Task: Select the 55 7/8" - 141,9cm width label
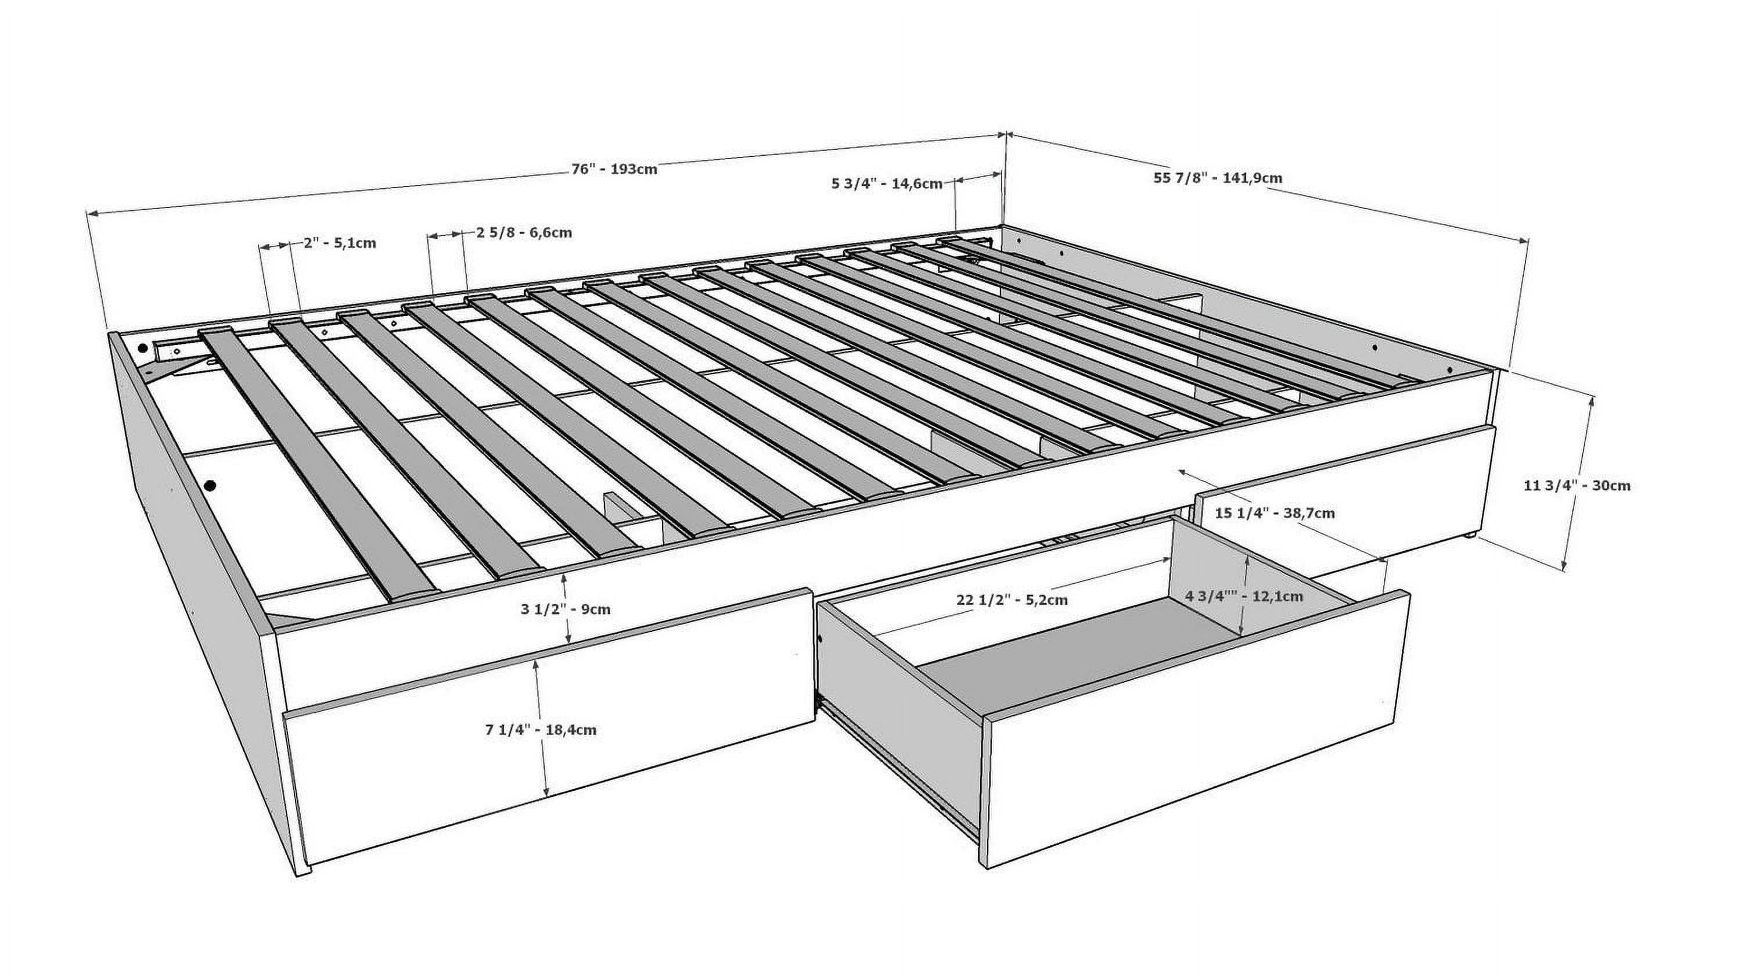click(x=1217, y=178)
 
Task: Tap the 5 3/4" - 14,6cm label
click(x=887, y=184)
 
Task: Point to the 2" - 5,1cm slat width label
click(x=340, y=243)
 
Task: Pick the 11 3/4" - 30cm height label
click(x=1577, y=485)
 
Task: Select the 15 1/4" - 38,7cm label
click(x=1275, y=512)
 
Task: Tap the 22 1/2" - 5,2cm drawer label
click(x=1012, y=600)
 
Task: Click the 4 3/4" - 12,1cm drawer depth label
click(x=1244, y=597)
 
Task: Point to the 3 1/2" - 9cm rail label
click(x=566, y=609)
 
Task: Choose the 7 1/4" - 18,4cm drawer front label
click(x=541, y=730)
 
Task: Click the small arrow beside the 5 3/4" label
click(x=978, y=178)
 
